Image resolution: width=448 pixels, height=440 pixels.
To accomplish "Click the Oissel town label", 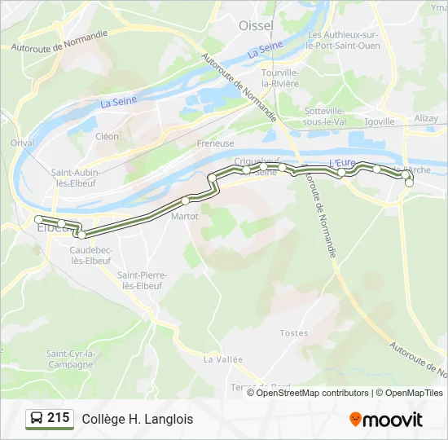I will pos(256,25).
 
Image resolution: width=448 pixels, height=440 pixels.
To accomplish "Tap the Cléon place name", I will pos(107,137).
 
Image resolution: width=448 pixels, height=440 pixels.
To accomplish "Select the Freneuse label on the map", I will pos(215,143).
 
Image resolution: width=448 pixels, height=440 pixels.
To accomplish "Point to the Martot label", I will pos(185,216).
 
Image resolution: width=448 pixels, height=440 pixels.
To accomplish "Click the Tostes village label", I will pos(294,332).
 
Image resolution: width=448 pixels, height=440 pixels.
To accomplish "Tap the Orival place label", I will pos(22,143).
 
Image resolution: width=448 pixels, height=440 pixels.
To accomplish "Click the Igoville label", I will pos(380,121).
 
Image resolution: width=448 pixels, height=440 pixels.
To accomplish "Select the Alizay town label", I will pos(426,118).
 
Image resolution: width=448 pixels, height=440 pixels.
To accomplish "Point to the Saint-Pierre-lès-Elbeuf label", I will pos(140,281).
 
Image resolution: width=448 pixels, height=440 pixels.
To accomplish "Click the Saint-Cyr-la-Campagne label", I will pos(71,359).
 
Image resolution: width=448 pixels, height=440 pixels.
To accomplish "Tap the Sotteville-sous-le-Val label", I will pos(324,116).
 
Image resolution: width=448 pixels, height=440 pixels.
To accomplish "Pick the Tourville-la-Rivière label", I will pos(281,77).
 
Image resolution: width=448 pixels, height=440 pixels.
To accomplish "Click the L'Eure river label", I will pos(341,163).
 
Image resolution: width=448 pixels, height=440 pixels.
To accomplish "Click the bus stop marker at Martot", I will pos(186,200).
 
